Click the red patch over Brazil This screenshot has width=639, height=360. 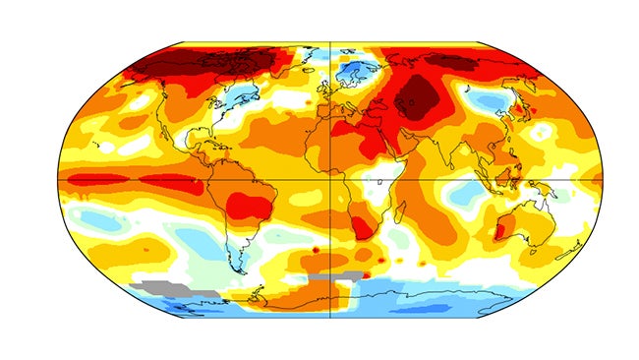pyautogui.click(x=247, y=206)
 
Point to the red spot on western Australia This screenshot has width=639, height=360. pyautogui.click(x=497, y=232)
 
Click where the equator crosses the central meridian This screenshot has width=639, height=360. pyautogui.click(x=329, y=180)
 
